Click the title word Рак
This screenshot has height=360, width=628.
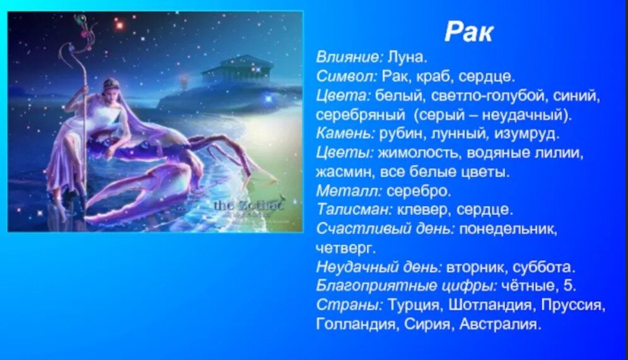(468, 32)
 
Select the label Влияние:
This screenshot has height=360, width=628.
(350, 57)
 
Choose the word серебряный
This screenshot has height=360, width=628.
(361, 115)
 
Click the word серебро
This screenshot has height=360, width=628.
(419, 191)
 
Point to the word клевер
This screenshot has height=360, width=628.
(424, 210)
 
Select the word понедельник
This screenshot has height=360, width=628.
(508, 229)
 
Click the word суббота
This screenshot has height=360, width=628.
(544, 267)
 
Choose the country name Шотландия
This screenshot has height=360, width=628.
(490, 305)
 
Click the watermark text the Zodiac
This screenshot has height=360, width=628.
(248, 206)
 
